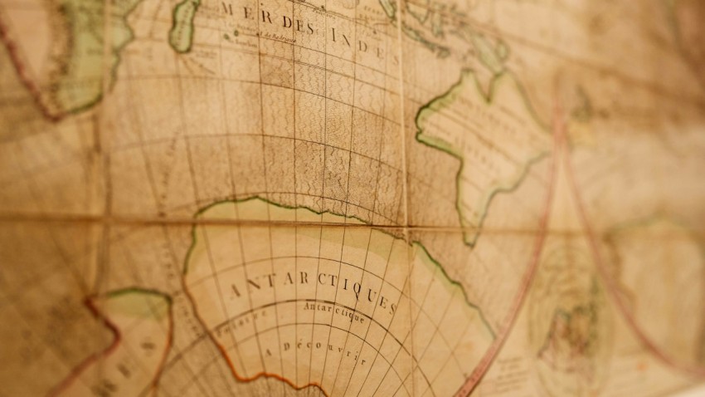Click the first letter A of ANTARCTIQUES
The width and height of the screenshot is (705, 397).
coord(232,292)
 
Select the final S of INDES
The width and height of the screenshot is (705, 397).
coord(382,49)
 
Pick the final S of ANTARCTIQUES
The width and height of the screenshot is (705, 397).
coord(391,308)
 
